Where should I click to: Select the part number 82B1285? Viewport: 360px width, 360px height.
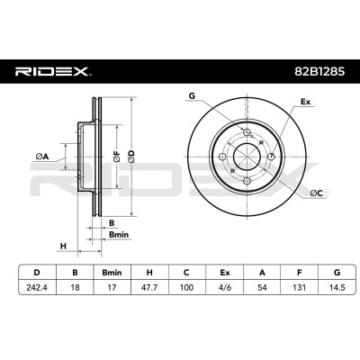[319, 72]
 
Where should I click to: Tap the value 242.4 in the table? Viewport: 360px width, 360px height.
[37, 287]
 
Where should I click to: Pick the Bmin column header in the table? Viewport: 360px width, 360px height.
[112, 273]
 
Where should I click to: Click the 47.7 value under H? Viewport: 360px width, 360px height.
[149, 287]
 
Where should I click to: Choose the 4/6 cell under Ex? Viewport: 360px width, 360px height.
[225, 287]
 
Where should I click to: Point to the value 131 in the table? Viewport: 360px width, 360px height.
[299, 287]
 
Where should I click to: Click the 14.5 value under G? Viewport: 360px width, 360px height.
[337, 287]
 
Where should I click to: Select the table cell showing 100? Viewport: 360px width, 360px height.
[186, 287]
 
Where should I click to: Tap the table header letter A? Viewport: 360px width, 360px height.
[262, 273]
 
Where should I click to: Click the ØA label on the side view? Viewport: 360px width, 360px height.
[41, 157]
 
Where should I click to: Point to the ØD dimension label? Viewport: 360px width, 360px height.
[131, 157]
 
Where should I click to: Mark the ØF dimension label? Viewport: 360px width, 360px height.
[116, 157]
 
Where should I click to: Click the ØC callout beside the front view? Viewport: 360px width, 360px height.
[316, 193]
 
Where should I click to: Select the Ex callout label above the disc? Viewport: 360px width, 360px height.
[305, 102]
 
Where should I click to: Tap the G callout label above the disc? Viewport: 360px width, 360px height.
[192, 96]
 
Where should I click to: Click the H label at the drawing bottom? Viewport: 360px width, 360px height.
[63, 247]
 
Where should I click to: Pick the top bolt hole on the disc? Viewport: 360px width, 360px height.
[247, 132]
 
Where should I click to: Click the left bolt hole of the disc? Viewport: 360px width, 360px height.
[222, 157]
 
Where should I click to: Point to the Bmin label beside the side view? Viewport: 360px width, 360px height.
[119, 235]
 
